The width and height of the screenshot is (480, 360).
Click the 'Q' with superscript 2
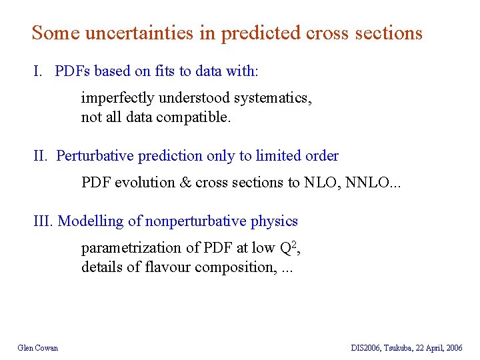(x=284, y=248)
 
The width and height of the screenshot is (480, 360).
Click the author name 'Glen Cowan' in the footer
(x=38, y=347)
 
